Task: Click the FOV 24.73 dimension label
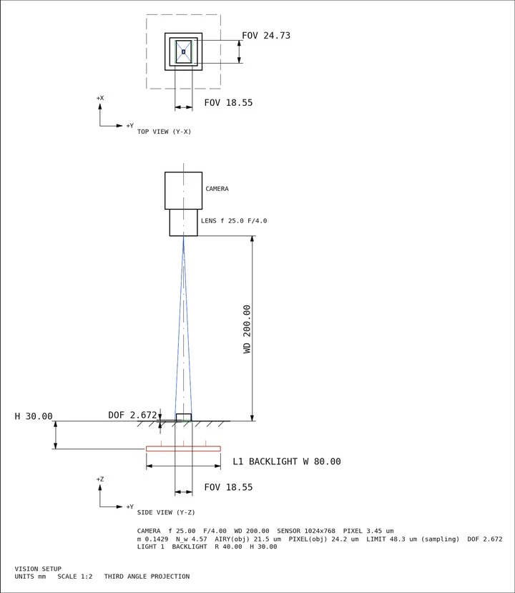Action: click(266, 36)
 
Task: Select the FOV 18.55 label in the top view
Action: click(228, 103)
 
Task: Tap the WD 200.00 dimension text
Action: click(247, 329)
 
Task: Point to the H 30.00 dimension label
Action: click(34, 416)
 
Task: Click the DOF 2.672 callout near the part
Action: click(132, 416)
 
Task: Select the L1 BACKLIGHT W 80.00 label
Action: click(287, 461)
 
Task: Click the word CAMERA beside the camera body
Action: click(217, 189)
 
